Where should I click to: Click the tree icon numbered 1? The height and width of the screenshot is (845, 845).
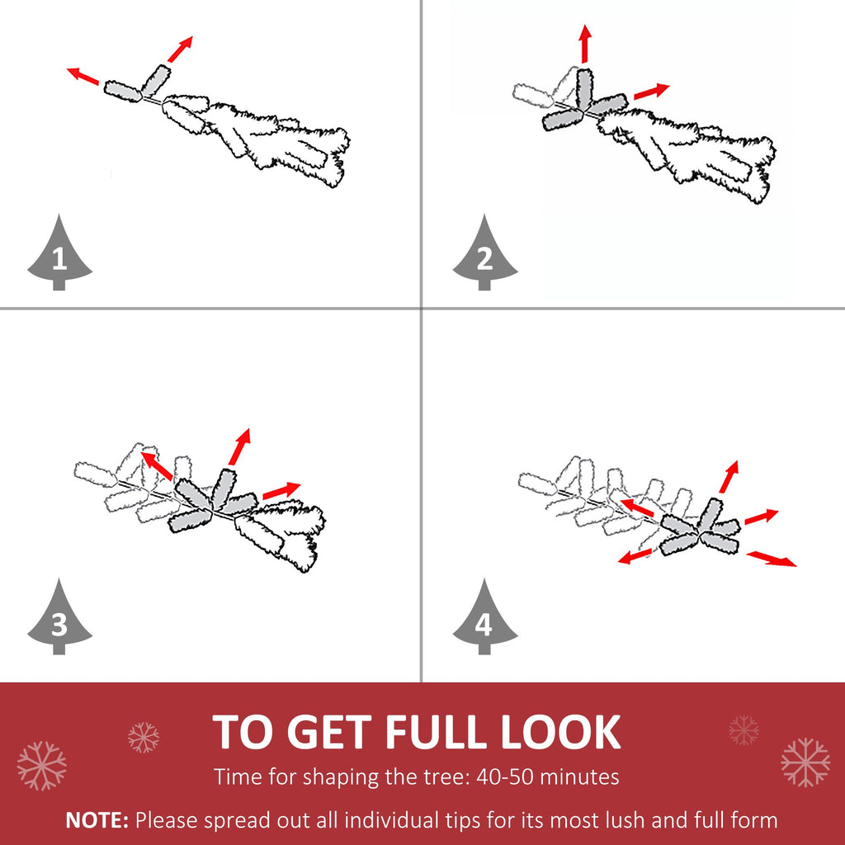point(59,254)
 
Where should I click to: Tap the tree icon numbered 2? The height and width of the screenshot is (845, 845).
point(485,254)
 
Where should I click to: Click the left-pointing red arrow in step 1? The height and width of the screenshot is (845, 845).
point(83,76)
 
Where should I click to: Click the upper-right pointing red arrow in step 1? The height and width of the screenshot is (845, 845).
point(180,49)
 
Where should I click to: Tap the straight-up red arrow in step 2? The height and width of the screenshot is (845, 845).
point(585,44)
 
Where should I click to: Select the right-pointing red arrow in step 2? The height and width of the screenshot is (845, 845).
point(651,91)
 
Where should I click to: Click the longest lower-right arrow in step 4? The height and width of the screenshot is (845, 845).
point(772,559)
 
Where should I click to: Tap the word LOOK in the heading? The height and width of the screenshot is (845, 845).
point(561,732)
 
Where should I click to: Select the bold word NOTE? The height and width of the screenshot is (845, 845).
point(97,820)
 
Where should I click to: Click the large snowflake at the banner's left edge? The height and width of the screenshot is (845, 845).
point(41,765)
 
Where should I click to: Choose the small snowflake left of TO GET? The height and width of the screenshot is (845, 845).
point(144,737)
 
